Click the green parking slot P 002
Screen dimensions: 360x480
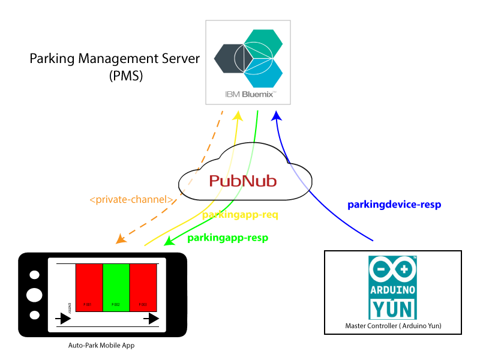[116, 287]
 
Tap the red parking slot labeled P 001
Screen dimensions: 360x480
[89, 287]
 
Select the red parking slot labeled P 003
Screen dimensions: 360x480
[143, 287]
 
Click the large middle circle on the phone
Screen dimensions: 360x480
[35, 295]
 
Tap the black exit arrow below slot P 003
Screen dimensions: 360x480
[150, 317]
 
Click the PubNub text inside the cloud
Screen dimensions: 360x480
[242, 180]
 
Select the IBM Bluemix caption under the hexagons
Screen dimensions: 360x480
[248, 94]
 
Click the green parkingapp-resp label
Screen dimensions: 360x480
[227, 238]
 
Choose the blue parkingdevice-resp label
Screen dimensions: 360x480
[394, 205]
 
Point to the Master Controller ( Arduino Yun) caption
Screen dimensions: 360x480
[392, 326]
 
